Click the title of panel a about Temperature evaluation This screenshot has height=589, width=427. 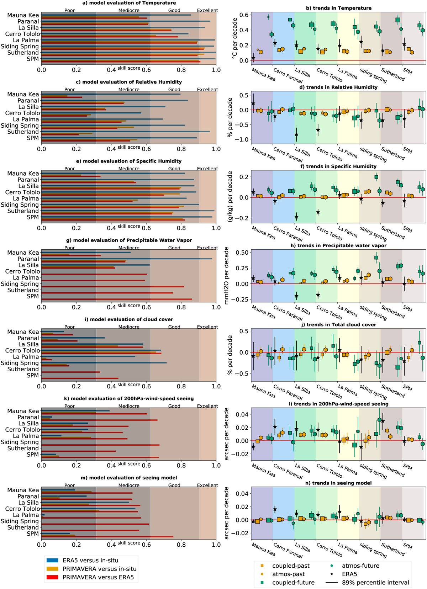(129, 3)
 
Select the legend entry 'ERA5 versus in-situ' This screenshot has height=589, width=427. (90, 560)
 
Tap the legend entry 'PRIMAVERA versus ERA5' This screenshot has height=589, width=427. (98, 577)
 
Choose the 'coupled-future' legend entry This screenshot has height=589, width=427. (293, 583)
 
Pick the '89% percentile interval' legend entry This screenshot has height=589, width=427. (375, 583)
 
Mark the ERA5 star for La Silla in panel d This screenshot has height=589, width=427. (296, 135)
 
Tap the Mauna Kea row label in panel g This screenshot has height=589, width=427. (23, 253)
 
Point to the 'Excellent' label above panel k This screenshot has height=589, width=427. (207, 406)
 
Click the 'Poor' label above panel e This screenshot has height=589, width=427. (69, 169)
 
